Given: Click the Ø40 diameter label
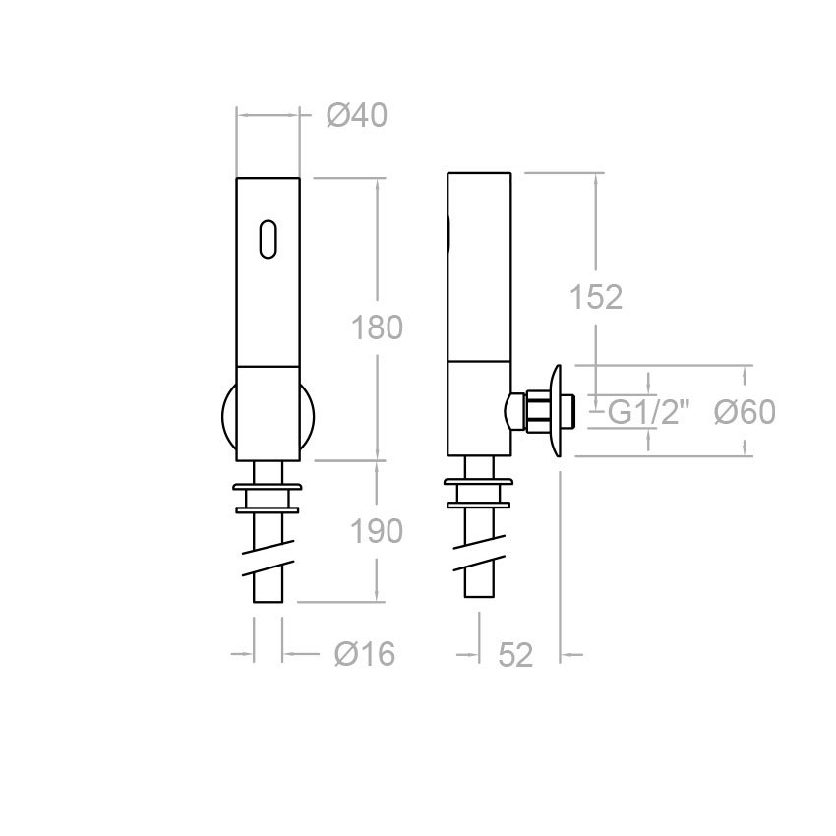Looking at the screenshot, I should (356, 116).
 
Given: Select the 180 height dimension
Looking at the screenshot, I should (378, 328).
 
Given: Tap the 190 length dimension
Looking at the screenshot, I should (378, 531).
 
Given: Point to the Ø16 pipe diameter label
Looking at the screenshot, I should (364, 653).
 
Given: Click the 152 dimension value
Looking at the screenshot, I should (597, 297).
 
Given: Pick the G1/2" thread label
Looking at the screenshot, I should (649, 412).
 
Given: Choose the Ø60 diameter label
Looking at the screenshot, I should (745, 412).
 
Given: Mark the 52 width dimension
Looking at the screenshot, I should (515, 654).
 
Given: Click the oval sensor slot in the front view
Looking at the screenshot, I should (268, 239).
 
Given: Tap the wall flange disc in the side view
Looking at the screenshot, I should (557, 411).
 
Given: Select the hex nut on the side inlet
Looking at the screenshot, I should (538, 411).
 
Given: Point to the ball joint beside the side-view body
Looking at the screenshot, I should (513, 411).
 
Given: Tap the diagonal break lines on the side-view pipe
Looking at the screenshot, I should (479, 563).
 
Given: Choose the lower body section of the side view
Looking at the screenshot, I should (479, 408).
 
